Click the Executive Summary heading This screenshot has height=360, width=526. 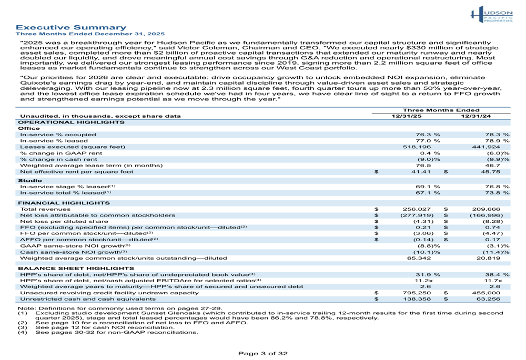click(70, 27)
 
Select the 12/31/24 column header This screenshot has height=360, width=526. click(476, 116)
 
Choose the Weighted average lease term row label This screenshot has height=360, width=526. click(91, 165)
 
